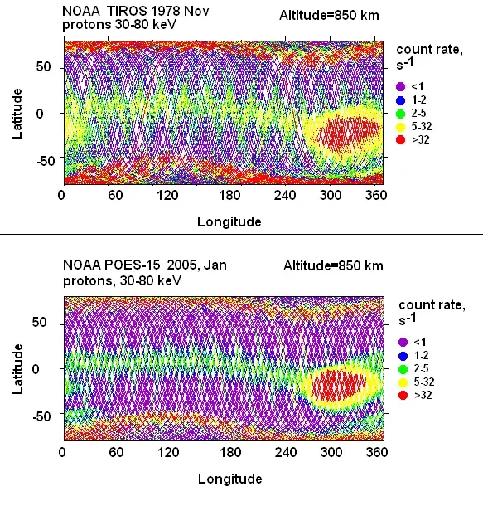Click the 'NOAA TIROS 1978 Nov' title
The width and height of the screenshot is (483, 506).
coord(124,11)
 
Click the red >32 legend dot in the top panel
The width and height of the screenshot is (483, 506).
coord(402,139)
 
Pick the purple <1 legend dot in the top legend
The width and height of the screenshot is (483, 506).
coord(402,85)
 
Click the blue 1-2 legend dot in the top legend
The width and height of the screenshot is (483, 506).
coord(402,99)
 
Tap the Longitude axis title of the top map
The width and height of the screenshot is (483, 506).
coord(229,221)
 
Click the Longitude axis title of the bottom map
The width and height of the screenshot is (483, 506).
coord(229,479)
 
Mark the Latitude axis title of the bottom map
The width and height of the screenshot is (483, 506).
coord(17,367)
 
